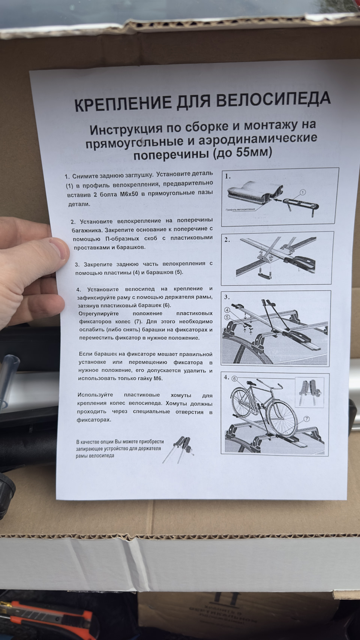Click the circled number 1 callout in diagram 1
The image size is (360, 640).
[303, 192]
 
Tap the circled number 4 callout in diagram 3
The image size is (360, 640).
[228, 310]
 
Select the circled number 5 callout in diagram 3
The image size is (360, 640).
[228, 317]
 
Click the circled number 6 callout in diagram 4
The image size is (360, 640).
[235, 379]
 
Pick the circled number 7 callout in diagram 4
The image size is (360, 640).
[306, 419]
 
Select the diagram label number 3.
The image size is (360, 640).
[227, 297]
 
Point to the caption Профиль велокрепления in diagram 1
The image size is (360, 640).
[240, 210]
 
